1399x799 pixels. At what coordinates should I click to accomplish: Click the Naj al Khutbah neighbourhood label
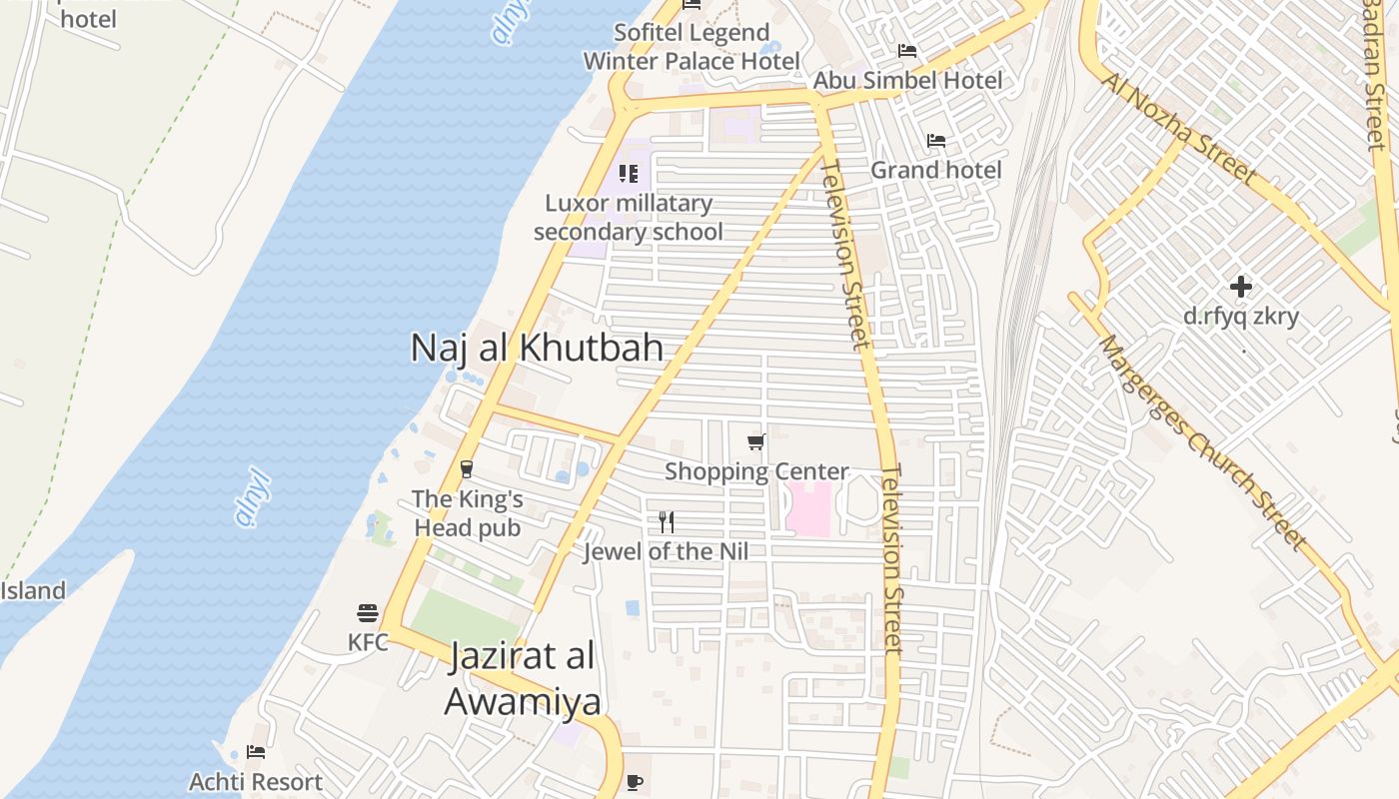(537, 348)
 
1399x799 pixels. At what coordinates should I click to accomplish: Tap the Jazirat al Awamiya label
(523, 679)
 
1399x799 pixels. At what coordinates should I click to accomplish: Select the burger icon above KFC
(368, 612)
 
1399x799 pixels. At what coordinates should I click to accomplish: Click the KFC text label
(368, 642)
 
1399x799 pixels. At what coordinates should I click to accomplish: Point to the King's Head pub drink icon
(466, 468)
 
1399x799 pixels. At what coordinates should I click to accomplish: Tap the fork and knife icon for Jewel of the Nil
(667, 521)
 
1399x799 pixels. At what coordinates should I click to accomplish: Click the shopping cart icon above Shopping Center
(756, 441)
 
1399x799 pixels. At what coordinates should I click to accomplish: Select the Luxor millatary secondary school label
(628, 218)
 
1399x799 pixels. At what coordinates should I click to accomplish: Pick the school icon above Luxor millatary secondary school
(629, 174)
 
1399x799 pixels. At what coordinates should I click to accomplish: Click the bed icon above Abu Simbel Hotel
(907, 50)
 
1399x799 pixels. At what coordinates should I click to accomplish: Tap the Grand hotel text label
(935, 170)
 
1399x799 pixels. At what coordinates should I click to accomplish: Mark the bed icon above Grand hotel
(936, 141)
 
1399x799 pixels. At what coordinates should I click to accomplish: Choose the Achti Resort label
(256, 781)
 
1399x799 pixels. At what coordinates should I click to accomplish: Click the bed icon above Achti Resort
(256, 752)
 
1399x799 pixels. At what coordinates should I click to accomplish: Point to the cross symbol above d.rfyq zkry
(1241, 287)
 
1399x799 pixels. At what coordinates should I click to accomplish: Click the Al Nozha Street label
(1179, 128)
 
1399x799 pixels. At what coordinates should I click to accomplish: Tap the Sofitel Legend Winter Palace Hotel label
(692, 46)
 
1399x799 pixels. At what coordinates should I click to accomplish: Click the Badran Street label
(1376, 75)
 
